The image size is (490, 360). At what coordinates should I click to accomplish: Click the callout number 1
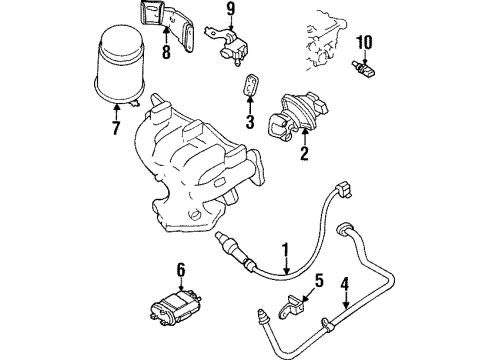[x=285, y=252]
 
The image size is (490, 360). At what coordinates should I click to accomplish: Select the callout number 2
[x=304, y=153]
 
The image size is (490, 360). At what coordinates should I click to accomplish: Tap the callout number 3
[x=250, y=122]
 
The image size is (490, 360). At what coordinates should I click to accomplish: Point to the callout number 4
[x=344, y=284]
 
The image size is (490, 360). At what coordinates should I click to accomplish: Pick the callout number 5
[x=319, y=281]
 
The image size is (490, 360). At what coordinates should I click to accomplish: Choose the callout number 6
[x=180, y=270]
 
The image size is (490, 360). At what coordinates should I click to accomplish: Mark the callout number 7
[x=116, y=127]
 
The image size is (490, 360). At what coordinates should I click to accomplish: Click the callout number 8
[x=166, y=52]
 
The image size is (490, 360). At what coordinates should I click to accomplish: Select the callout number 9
[x=231, y=9]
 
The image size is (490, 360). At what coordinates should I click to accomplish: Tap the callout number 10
[x=364, y=42]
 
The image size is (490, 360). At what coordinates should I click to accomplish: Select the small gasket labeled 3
[x=250, y=85]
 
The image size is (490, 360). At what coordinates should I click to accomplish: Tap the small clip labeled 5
[x=292, y=307]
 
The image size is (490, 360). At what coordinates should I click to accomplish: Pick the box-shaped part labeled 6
[x=175, y=307]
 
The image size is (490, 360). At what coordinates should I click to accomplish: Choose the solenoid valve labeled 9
[x=229, y=45]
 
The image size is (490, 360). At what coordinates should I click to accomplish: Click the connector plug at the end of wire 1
[x=344, y=190]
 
